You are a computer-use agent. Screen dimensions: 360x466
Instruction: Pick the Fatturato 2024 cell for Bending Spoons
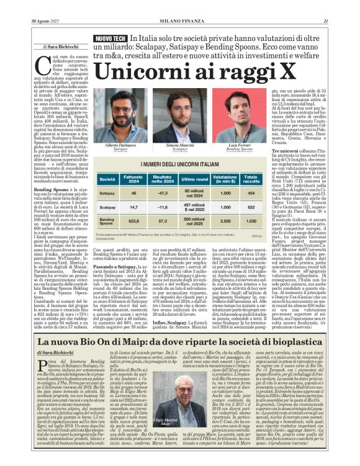point(133,220)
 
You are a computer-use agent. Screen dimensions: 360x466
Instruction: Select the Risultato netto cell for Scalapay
point(163,207)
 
